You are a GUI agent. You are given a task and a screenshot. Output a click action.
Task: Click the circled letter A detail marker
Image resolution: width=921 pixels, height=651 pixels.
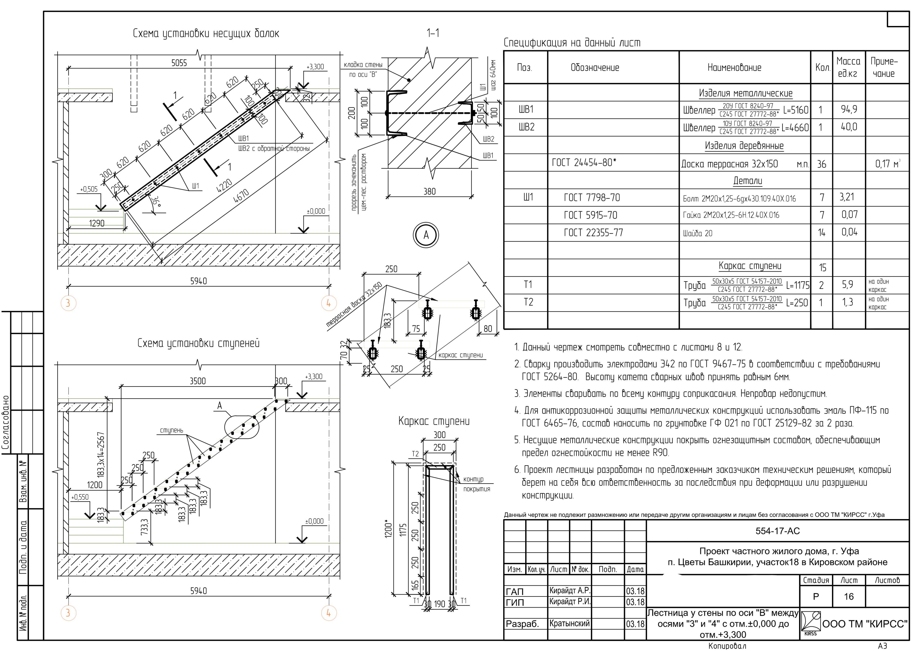pos(426,235)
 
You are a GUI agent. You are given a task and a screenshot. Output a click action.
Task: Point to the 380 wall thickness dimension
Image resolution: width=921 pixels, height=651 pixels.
pos(429,192)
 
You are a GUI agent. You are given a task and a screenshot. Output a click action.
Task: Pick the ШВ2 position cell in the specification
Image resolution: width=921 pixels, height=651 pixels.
pos(526,127)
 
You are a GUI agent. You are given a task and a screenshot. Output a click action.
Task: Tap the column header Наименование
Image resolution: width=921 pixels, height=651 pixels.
pos(734,67)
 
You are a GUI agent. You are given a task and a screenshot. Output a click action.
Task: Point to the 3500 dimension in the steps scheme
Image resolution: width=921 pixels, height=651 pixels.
pos(198,381)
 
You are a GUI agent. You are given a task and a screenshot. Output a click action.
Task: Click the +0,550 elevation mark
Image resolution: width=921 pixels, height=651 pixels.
pos(80,497)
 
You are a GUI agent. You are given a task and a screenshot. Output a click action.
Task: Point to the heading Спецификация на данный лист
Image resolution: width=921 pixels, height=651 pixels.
pos(572,43)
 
